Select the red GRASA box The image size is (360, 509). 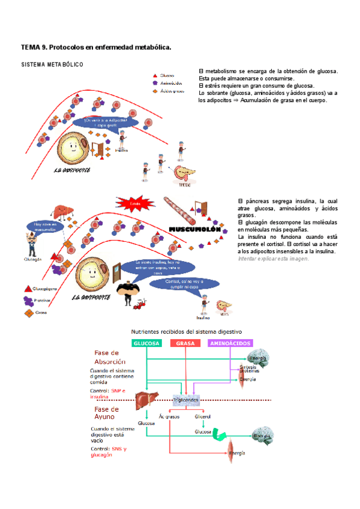point(185,343)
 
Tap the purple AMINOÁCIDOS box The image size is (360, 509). point(230,343)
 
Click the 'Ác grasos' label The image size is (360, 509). point(169,416)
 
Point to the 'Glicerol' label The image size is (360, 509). point(203,416)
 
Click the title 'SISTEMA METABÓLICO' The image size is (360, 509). point(52,64)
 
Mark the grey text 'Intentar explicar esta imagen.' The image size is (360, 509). point(273,259)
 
